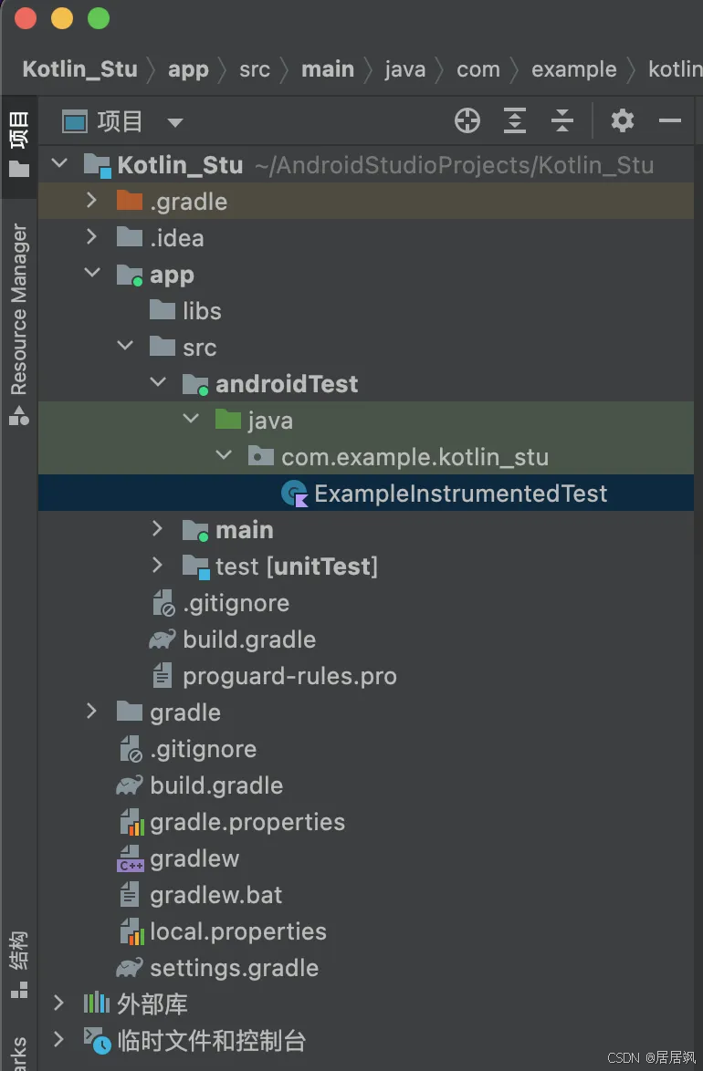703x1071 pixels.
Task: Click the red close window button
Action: pyautogui.click(x=26, y=18)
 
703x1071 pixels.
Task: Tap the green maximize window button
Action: pyautogui.click(x=99, y=18)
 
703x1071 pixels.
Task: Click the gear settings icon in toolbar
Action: pyautogui.click(x=623, y=121)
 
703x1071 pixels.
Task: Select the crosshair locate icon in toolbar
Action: pyautogui.click(x=467, y=121)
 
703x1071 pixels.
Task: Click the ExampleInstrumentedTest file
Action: pyautogui.click(x=460, y=494)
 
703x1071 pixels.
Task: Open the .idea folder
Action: pyautogui.click(x=176, y=238)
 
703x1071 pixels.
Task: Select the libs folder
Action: pyautogui.click(x=202, y=311)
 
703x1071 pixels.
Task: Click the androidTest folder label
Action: pyautogui.click(x=287, y=384)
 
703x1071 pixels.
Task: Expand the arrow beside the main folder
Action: pyautogui.click(x=158, y=529)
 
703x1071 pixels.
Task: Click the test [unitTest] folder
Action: pyautogui.click(x=296, y=567)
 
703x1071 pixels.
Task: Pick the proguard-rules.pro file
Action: pyautogui.click(x=289, y=676)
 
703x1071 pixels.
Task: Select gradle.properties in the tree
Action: pyautogui.click(x=247, y=822)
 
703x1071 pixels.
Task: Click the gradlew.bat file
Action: pyautogui.click(x=215, y=895)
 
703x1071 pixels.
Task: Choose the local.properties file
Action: pyautogui.click(x=238, y=931)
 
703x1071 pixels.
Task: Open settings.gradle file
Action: pyautogui.click(x=234, y=968)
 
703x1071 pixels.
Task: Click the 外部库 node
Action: pyautogui.click(x=152, y=1004)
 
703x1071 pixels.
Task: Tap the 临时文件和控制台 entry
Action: pyautogui.click(x=211, y=1041)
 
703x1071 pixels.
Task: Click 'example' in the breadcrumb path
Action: pyautogui.click(x=573, y=69)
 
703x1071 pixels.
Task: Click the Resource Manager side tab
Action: pyautogui.click(x=19, y=308)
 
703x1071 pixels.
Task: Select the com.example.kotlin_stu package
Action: pyautogui.click(x=414, y=457)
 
